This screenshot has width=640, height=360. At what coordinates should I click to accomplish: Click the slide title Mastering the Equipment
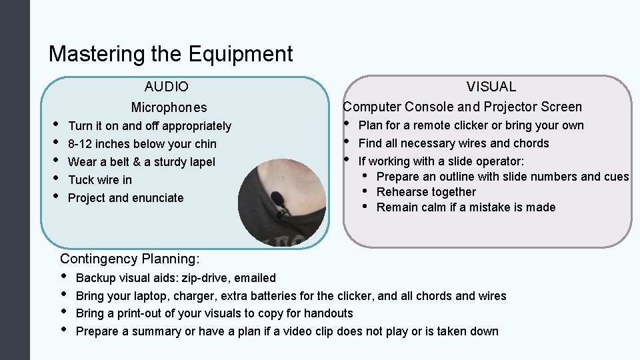[x=171, y=53]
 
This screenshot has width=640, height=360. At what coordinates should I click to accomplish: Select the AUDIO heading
[x=167, y=87]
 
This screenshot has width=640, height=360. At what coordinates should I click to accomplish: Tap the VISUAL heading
[x=491, y=87]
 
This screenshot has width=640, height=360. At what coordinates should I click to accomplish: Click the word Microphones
[x=169, y=107]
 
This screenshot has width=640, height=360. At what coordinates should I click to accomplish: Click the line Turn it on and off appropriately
[x=149, y=126]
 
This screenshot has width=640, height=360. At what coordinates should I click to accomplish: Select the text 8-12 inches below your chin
[x=142, y=144]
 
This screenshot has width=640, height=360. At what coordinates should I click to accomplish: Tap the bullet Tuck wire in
[x=100, y=180]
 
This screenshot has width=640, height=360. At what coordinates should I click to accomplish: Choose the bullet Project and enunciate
[x=125, y=198]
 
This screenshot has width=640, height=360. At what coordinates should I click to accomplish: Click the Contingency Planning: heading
[x=130, y=259]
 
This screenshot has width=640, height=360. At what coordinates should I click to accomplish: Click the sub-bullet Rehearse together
[x=426, y=192]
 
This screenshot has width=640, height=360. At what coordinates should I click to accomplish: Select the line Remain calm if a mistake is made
[x=465, y=207]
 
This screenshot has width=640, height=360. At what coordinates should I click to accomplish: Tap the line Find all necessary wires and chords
[x=453, y=143]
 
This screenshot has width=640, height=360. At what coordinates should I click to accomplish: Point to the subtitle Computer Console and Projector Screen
[x=462, y=107]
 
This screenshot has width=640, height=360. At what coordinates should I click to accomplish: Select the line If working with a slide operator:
[x=441, y=161]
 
